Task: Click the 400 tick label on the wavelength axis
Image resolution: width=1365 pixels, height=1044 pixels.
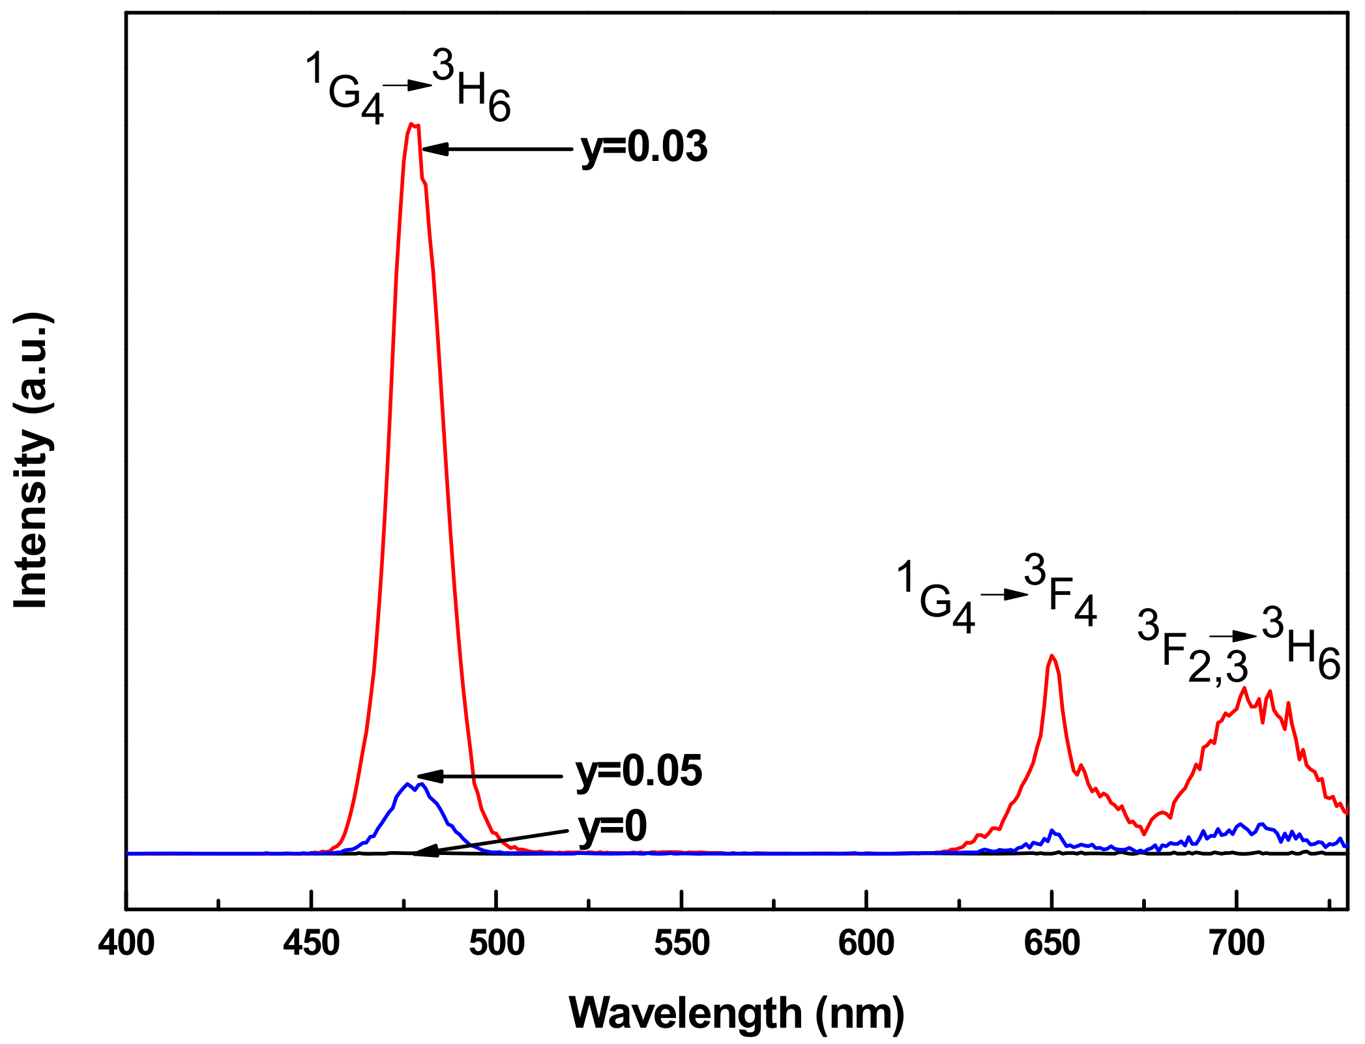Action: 126,943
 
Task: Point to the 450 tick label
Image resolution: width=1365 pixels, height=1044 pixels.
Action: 311,943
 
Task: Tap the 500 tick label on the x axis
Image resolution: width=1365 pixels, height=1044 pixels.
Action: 496,943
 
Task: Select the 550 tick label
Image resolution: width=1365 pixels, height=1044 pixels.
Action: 681,943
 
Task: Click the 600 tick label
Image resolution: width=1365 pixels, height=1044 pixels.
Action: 866,943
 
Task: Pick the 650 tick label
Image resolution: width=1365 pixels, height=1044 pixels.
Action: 1051,943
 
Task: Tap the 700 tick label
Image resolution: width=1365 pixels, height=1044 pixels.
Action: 1236,943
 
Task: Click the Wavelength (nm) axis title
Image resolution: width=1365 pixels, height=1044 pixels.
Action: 737,1014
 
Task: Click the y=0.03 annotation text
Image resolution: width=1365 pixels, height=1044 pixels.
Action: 644,147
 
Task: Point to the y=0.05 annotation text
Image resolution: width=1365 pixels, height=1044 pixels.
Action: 639,771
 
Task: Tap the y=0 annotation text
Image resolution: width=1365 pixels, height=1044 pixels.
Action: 613,827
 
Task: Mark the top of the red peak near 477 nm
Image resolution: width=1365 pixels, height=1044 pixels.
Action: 411,124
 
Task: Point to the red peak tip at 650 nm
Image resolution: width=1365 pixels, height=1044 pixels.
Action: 1051,655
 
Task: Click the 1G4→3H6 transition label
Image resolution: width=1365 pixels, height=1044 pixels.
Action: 408,87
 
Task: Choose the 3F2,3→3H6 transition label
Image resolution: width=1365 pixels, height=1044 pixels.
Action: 1239,645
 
